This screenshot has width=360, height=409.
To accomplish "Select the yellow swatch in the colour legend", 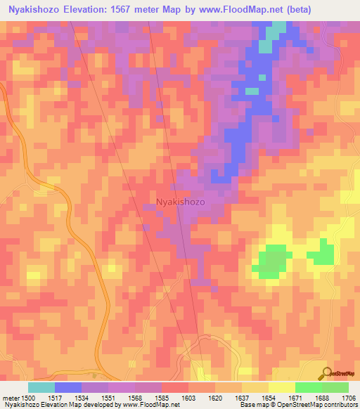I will [281, 387].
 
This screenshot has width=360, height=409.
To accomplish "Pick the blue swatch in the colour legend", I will [67, 387].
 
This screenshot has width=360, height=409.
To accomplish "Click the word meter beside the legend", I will [11, 397].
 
